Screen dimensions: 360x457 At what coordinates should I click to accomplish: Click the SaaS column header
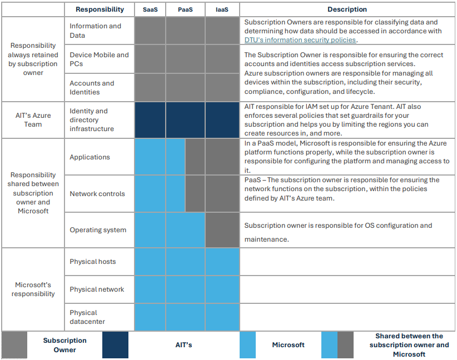150,9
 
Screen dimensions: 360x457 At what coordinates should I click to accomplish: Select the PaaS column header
185,9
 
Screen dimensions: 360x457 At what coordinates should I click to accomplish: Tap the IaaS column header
222,9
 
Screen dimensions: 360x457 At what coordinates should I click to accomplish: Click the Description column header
347,9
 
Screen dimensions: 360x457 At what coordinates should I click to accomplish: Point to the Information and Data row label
95,31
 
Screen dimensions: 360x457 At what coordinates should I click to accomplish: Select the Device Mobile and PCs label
99,59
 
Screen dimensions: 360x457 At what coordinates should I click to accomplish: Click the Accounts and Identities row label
92,88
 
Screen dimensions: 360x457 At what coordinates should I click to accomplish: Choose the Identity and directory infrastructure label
92,120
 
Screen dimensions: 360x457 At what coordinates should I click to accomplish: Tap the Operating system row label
98,230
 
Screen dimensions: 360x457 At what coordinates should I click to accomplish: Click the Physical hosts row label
93,262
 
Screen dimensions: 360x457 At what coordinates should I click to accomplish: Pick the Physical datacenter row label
87,317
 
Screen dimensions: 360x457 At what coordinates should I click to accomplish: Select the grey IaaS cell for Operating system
222,230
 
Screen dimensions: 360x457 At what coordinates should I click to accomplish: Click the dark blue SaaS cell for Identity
150,120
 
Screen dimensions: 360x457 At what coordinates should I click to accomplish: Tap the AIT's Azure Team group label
33,120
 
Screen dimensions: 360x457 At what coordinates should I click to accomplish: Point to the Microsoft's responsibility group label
33,289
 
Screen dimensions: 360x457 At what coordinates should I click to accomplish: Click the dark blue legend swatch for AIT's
115,345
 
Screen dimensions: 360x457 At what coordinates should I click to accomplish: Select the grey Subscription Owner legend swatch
14,345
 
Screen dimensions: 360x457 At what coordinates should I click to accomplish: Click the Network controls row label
97,194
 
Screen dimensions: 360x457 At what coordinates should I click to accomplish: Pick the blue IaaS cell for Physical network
222,289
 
